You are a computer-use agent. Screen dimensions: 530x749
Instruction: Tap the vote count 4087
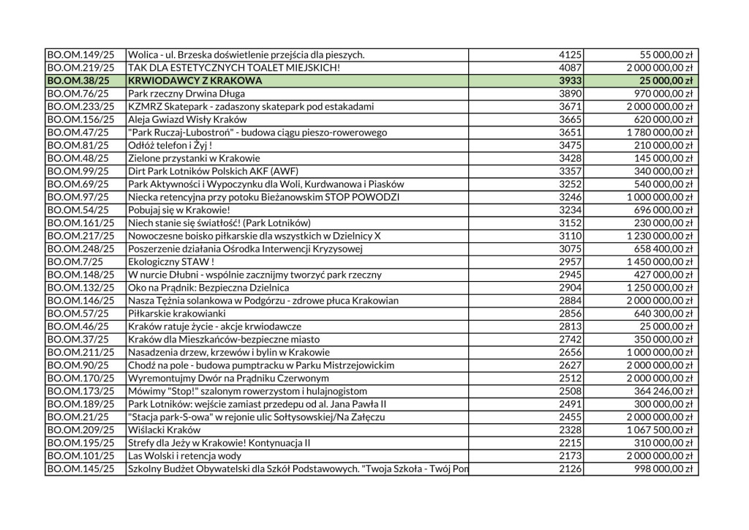click(x=569, y=67)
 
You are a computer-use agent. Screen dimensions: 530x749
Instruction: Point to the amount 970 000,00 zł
click(x=660, y=94)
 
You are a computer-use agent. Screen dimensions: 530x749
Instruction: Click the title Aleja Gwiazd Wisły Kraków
click(x=187, y=119)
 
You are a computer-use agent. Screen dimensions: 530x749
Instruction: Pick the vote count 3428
click(x=569, y=158)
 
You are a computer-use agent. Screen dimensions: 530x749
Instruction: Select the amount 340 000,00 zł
click(x=660, y=171)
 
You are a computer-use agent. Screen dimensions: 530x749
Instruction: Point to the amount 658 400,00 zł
click(x=660, y=248)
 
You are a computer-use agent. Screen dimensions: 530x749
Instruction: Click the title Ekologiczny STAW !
click(x=171, y=261)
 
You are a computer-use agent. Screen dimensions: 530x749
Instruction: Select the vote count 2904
click(x=569, y=287)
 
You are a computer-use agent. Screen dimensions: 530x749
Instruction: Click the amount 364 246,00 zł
click(x=660, y=390)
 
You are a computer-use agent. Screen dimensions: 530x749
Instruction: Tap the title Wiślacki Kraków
click(x=164, y=429)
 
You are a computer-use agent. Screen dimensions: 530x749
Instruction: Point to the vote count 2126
click(x=569, y=468)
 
